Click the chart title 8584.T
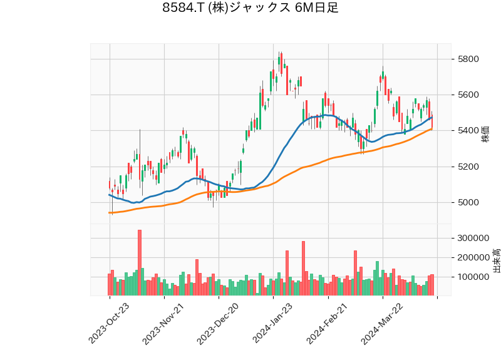click(250, 8)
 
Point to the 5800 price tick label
click(468, 59)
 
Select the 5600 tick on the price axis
click(468, 95)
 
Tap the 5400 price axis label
click(468, 131)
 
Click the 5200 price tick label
click(468, 167)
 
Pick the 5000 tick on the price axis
click(468, 202)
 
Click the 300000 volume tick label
click(473, 238)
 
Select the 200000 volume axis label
click(473, 257)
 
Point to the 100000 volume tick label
click(473, 277)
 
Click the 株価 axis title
click(485, 133)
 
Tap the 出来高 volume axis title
click(497, 260)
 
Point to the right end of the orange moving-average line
click(432, 129)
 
